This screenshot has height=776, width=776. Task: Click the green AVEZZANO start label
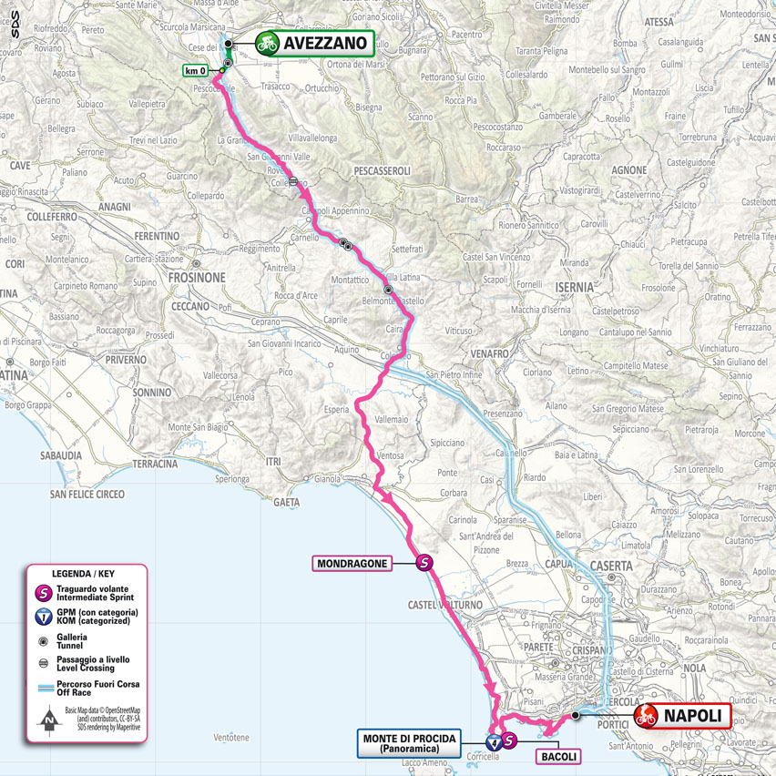click(x=326, y=42)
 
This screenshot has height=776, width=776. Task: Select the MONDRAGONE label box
click(x=352, y=564)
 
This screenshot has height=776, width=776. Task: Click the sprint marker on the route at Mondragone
click(x=424, y=564)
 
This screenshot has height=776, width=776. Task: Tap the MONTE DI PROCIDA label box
click(x=413, y=741)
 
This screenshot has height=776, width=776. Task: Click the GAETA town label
click(x=286, y=501)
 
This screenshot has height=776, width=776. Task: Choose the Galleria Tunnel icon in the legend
click(x=43, y=641)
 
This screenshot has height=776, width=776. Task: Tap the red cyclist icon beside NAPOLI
click(x=648, y=716)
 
